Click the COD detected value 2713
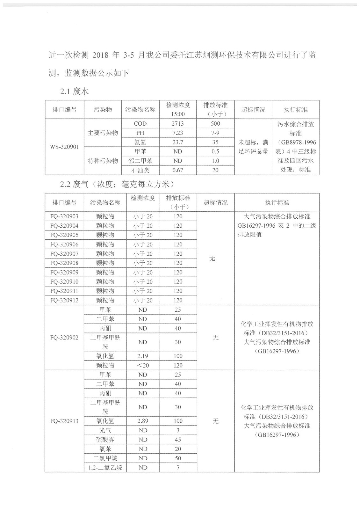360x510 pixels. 177,124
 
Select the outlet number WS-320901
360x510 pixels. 64,147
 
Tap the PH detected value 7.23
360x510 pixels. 177,133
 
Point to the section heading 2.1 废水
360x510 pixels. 74,91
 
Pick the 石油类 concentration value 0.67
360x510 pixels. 177,170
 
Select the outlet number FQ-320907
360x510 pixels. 64,254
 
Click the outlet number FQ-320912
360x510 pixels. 64,300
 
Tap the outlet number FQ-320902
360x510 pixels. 64,338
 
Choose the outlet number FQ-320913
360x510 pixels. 64,421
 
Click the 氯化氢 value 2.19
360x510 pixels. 143,356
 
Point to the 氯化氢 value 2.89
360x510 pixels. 143,421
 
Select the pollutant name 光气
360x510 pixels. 105,430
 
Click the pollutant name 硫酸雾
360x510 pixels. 105,440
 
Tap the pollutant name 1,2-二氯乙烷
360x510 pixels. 105,468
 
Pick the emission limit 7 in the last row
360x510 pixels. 178,468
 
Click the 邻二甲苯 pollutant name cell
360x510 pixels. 140,161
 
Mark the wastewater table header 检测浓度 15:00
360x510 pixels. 178,109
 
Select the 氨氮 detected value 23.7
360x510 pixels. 177,142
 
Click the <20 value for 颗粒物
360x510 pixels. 143,365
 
